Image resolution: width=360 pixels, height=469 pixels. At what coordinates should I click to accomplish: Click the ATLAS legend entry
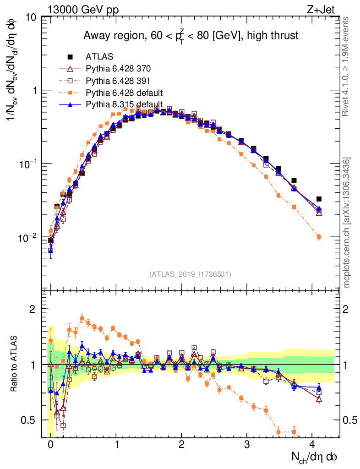point(99,57)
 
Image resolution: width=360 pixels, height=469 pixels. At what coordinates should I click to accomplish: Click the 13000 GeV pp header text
point(82,8)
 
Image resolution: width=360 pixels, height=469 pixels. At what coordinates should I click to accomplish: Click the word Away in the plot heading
point(96,35)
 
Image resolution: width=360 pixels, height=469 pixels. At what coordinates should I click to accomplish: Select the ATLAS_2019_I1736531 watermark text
point(190,274)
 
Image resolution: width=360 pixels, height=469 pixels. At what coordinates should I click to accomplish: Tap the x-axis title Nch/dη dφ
point(315,457)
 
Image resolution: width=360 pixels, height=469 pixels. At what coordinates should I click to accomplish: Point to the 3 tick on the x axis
point(247,444)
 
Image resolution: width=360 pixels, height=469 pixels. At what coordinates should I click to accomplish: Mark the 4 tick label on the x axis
point(312,444)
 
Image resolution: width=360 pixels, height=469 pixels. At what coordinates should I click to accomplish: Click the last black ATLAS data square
point(319,199)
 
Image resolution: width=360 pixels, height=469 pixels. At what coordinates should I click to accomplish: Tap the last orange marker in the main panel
point(319,237)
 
